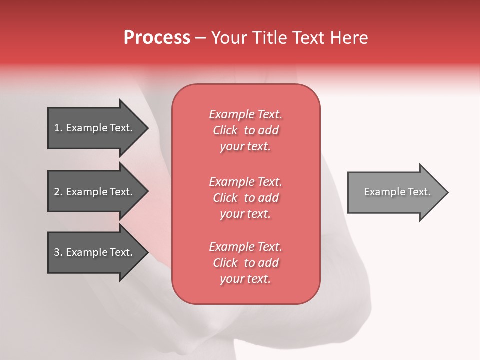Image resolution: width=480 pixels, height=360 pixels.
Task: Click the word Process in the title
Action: pos(157,38)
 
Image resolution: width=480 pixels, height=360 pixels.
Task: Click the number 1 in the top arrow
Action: pos(57,128)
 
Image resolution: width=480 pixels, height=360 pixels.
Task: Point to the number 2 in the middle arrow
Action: pos(57,192)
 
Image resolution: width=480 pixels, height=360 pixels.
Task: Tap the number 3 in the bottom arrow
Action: pos(57,252)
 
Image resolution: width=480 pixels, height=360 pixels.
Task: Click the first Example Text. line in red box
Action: pos(245,114)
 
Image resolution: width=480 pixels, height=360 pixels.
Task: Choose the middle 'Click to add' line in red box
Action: pos(245,198)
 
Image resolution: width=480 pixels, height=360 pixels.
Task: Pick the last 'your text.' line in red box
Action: pos(245,279)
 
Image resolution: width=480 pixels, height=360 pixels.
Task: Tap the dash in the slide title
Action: pos(200,38)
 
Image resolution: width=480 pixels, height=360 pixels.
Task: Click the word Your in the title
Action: pos(229,38)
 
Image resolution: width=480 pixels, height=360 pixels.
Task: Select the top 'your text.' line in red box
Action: pos(245,147)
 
